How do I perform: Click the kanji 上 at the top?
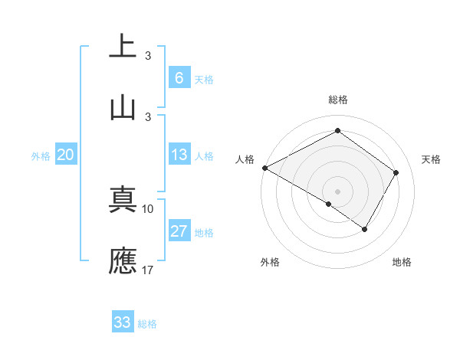point(123,46)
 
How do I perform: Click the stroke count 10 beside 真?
point(148,208)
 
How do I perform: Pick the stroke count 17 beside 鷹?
point(148,270)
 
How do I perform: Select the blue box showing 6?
point(179,78)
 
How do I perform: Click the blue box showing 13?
point(179,155)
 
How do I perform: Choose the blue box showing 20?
point(66,155)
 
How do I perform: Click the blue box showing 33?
point(123,322)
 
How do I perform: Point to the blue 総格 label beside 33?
point(147,324)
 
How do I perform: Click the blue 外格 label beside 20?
point(41,156)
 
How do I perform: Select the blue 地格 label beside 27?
point(204,233)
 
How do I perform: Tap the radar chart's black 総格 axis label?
point(337,100)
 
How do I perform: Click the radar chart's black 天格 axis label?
point(431,159)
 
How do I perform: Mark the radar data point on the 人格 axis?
point(264,168)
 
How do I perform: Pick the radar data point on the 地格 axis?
point(365,229)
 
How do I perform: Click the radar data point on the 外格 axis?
point(329,204)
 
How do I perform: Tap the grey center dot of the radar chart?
point(337,191)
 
